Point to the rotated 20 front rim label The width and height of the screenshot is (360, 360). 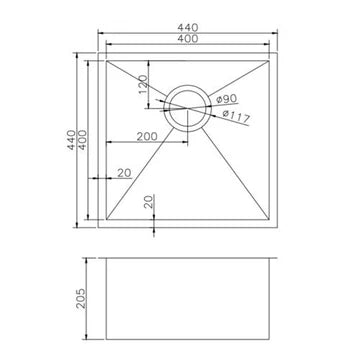click(148, 203)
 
